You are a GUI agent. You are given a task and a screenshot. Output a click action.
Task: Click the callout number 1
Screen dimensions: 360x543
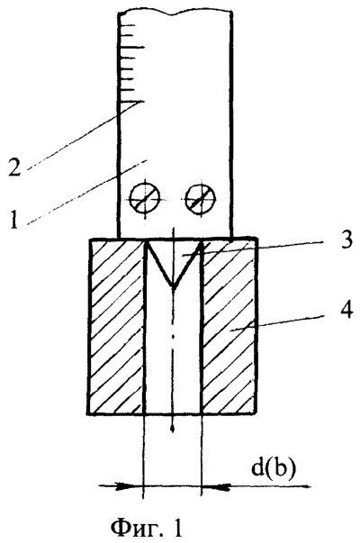pyautogui.click(x=13, y=220)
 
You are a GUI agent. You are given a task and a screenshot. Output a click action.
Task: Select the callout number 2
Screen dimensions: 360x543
pyautogui.click(x=15, y=166)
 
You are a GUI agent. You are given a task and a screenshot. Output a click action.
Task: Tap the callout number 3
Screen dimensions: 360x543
pyautogui.click(x=345, y=240)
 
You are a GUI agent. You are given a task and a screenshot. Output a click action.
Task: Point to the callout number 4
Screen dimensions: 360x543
pyautogui.click(x=346, y=309)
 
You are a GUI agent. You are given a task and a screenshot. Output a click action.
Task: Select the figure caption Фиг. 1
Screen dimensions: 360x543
pyautogui.click(x=146, y=528)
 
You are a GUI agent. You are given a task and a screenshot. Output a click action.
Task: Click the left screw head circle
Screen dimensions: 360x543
pyautogui.click(x=145, y=199)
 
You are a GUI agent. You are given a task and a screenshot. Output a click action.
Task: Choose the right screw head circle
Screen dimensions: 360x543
pyautogui.click(x=201, y=198)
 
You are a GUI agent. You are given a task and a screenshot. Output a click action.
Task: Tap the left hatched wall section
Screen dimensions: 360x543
pyautogui.click(x=117, y=326)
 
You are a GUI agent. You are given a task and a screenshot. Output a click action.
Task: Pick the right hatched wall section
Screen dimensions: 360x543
pyautogui.click(x=229, y=326)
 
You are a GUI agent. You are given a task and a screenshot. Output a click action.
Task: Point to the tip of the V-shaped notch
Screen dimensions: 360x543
pyautogui.click(x=174, y=287)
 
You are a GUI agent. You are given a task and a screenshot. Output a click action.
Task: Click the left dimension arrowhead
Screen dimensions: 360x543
pyautogui.click(x=129, y=486)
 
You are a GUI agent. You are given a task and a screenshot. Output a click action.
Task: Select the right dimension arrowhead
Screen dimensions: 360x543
pyautogui.click(x=216, y=486)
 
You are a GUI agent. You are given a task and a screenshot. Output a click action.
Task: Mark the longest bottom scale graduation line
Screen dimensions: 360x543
pyautogui.click(x=131, y=102)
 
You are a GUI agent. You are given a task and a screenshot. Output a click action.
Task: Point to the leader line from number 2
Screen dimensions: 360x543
pyautogui.click(x=85, y=135)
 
